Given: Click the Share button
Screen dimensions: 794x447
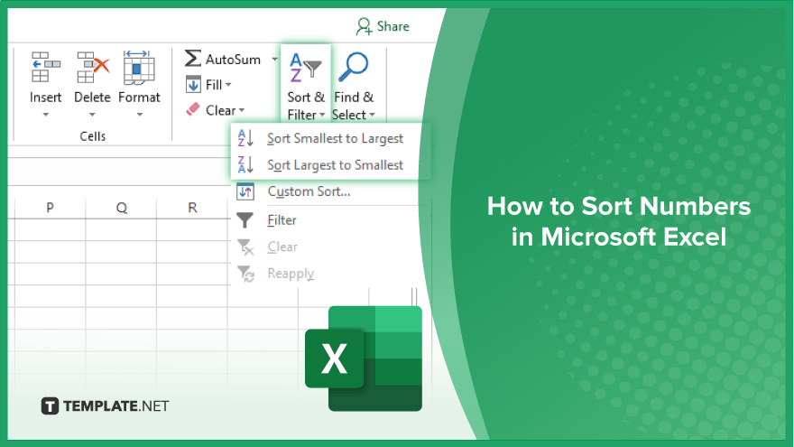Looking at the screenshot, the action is [383, 26].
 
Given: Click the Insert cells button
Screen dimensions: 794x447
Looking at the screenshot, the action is [46, 84].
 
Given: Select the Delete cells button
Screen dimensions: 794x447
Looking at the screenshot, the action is [92, 84].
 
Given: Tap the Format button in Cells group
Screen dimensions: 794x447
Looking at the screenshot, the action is [139, 84].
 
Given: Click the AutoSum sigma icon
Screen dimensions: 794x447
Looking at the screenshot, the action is [192, 59].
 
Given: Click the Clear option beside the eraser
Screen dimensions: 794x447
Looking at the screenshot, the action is [221, 110].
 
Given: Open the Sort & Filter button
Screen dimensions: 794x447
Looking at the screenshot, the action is [306, 86].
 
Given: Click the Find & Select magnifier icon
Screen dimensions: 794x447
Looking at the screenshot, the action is [353, 67].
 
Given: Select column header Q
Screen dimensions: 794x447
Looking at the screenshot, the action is [122, 208].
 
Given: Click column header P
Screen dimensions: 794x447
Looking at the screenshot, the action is [50, 208].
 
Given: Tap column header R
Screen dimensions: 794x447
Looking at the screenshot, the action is [192, 208].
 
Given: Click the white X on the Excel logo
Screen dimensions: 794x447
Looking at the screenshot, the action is [334, 359].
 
